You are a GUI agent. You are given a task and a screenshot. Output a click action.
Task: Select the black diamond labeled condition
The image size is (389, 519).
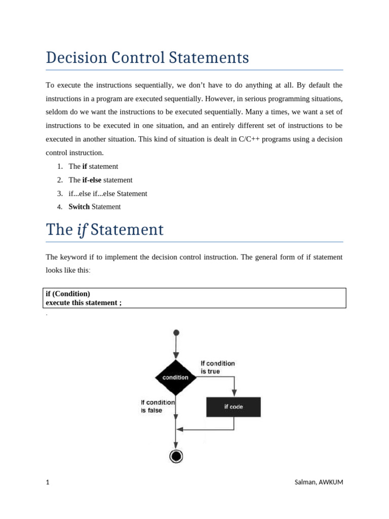pos(175,378)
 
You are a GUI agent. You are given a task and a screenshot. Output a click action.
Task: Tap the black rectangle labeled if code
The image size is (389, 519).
pos(234,406)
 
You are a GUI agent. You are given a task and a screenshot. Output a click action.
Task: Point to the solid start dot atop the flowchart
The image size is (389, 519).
pos(176,333)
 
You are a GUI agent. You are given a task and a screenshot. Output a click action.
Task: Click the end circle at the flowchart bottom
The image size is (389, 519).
pos(176,456)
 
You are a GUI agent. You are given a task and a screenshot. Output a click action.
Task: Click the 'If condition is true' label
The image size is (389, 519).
pos(218,367)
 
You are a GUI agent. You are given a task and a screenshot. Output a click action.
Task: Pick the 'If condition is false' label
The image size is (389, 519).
pos(158,406)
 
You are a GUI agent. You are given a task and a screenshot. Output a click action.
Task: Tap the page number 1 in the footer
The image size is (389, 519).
pos(48,482)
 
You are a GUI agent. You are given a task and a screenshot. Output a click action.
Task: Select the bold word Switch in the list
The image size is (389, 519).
pos(79,207)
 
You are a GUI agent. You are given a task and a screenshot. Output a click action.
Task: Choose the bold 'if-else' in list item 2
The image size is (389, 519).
pos(92,180)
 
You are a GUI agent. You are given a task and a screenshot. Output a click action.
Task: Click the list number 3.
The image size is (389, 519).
pos(59,194)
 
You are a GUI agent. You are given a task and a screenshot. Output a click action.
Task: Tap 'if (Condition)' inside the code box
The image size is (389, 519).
pos(68,293)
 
